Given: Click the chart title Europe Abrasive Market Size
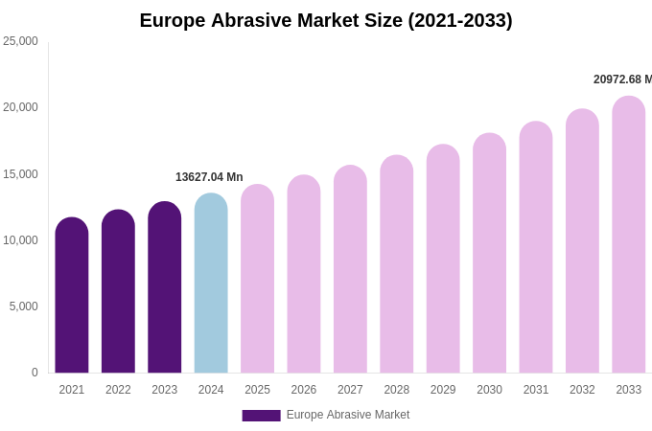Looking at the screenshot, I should [326, 20].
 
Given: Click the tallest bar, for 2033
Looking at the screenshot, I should [629, 235].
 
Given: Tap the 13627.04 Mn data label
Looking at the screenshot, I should [209, 177].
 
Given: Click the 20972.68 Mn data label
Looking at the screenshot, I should [622, 79].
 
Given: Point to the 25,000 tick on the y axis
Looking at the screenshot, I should [20, 41].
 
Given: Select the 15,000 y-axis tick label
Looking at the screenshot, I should [20, 174].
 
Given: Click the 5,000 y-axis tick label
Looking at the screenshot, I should [23, 306].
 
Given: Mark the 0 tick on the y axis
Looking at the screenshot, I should [35, 373].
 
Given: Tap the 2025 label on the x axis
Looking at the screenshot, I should [257, 390].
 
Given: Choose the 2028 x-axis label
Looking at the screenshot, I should [397, 390].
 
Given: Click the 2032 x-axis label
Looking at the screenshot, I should [582, 390].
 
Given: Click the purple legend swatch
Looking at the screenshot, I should [261, 416].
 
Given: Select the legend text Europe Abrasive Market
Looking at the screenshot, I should [348, 415].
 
